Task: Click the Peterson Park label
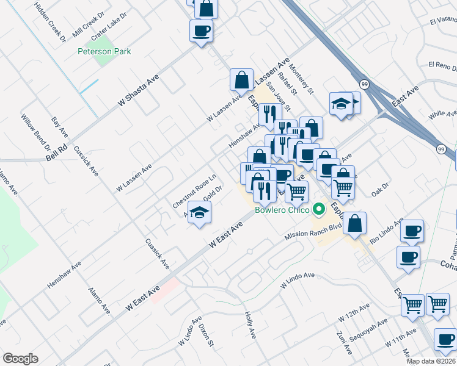coord(104,52)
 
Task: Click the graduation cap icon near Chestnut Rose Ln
coord(199,212)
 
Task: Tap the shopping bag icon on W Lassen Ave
coord(242,79)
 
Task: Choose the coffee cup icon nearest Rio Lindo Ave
coord(413,231)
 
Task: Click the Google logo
coord(20,359)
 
